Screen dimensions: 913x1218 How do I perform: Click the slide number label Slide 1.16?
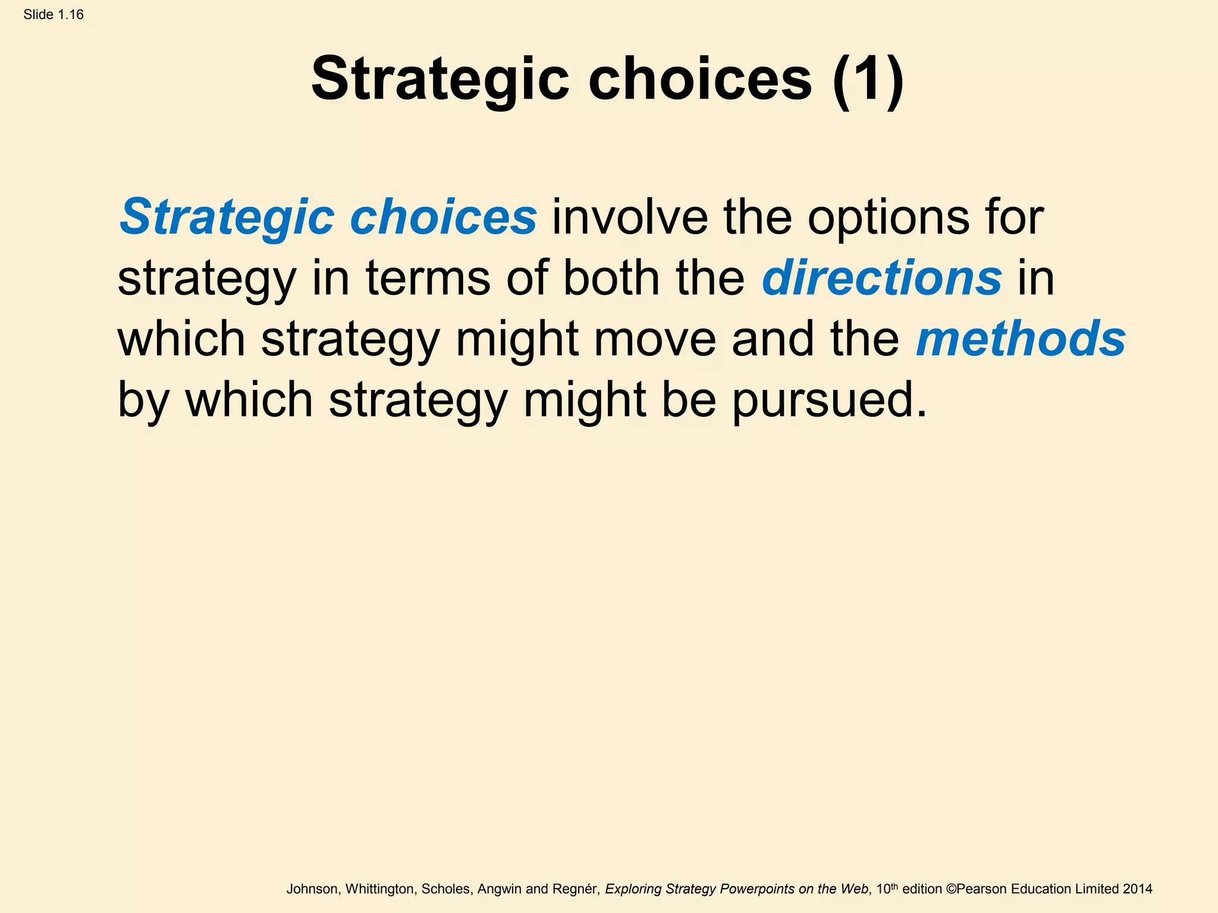54,15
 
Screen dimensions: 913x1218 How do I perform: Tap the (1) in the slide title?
868,79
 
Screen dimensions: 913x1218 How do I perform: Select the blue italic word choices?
443,217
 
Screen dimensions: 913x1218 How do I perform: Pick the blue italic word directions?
881,278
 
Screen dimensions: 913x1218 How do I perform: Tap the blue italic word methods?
1021,338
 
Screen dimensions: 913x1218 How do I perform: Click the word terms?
428,279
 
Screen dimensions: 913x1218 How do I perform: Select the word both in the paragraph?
611,278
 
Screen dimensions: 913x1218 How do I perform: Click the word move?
655,339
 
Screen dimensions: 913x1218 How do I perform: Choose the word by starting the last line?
143,401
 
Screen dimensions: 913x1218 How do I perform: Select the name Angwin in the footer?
500,889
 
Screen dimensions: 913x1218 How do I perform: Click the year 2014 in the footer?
1137,889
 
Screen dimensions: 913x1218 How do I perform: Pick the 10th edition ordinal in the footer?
887,889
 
